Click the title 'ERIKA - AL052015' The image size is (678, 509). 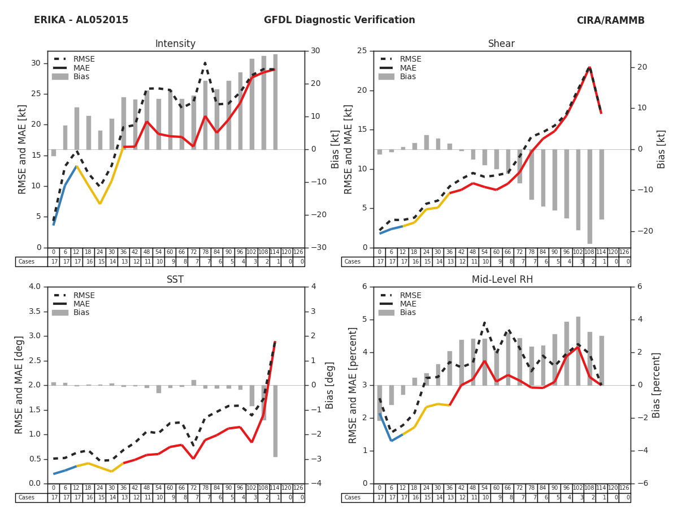[81, 20]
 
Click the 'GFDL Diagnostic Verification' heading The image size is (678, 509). [339, 20]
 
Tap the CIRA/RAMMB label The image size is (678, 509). [610, 20]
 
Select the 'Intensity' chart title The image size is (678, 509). [175, 44]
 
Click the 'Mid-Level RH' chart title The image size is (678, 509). [502, 280]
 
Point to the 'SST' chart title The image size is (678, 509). [175, 280]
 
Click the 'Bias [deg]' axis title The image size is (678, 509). [330, 385]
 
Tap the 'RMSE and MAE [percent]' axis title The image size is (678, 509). [354, 385]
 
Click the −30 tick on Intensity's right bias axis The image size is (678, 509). [317, 248]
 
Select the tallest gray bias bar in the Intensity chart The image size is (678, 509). [275, 102]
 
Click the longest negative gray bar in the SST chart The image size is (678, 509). [275, 421]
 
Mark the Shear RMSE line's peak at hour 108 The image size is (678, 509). [589, 67]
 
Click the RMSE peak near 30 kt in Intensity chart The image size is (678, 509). [205, 63]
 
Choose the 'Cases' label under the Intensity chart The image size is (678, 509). [26, 262]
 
